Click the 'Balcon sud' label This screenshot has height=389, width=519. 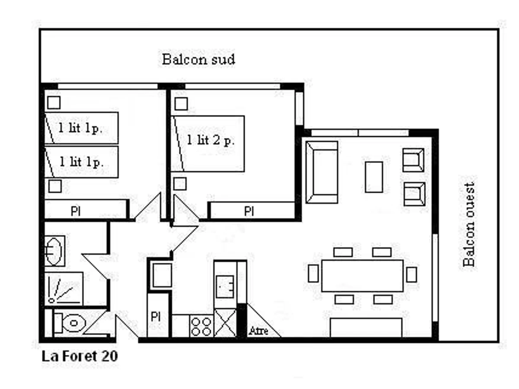tap(198, 59)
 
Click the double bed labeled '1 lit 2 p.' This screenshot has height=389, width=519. tap(207, 143)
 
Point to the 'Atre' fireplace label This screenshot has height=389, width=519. tap(258, 331)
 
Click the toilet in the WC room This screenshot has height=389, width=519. tap(70, 323)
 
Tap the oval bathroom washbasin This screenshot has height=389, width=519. tap(54, 251)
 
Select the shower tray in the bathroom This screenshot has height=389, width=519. tap(64, 289)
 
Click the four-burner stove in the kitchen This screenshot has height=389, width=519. tap(201, 326)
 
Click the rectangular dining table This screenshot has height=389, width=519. tap(362, 276)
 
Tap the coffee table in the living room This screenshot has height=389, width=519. tap(374, 177)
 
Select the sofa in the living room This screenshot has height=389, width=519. tap(322, 172)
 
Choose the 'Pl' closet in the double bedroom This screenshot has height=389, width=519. tap(252, 210)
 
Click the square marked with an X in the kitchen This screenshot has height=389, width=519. tap(225, 323)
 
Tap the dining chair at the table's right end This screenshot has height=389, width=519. tap(412, 275)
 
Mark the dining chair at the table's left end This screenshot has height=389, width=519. tap(313, 273)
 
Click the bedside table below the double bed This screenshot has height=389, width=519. tap(180, 184)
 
